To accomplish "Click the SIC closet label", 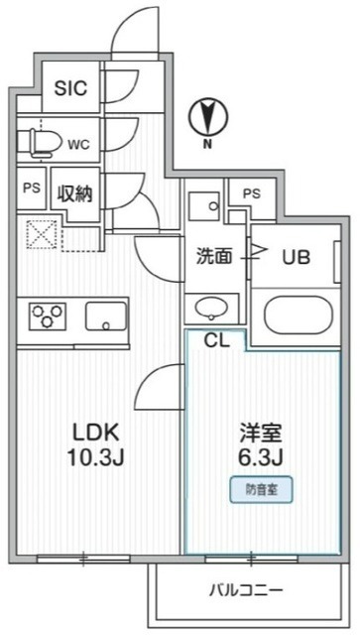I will coord(70,88).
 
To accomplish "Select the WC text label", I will coord(79,143).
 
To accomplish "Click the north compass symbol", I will coord(207,119).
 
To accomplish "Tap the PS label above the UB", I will coord(251,193).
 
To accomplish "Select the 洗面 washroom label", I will coord(212,256).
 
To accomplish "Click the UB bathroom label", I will coord(296,256).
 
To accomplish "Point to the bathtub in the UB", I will coord(298,315).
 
